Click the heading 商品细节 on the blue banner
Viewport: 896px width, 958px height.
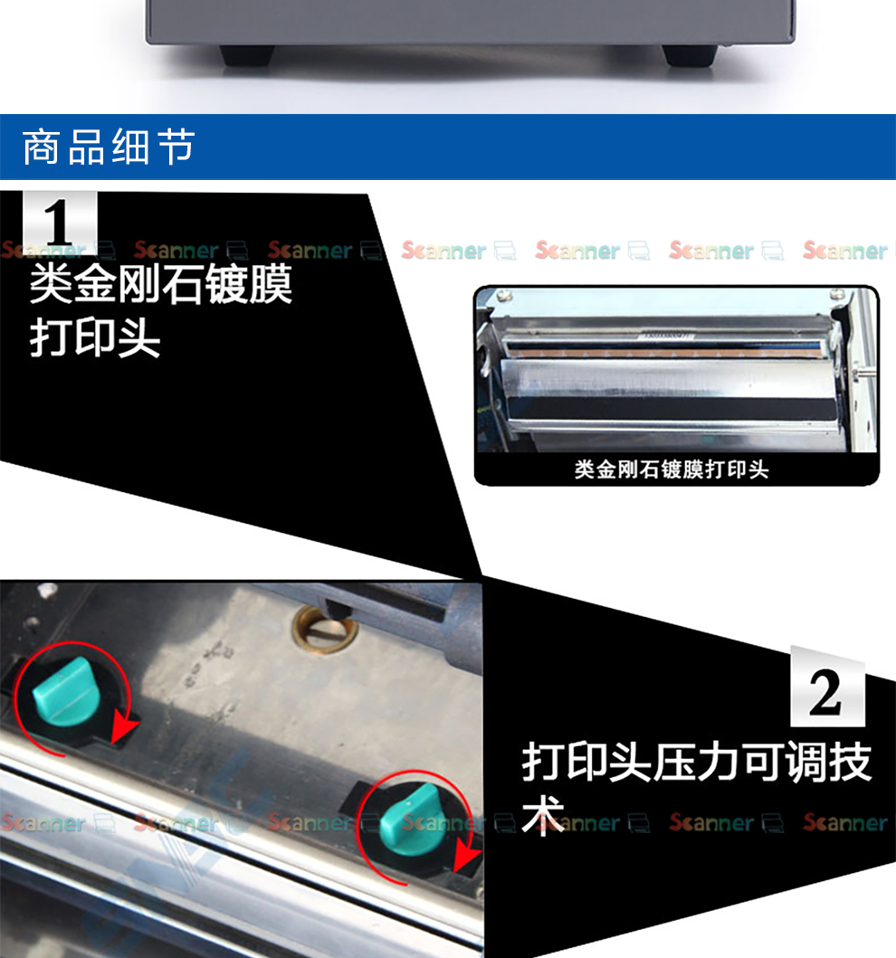tap(109, 147)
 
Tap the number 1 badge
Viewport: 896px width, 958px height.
tap(60, 223)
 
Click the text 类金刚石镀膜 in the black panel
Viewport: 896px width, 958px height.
tap(161, 284)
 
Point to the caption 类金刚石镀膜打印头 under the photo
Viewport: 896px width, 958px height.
tap(671, 470)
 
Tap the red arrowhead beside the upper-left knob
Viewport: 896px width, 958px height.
tap(124, 729)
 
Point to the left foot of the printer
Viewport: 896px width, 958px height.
tap(247, 55)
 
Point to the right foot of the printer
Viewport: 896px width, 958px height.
tap(690, 55)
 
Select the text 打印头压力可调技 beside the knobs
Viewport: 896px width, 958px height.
tap(697, 763)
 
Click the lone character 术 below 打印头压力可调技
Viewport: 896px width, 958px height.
tap(543, 815)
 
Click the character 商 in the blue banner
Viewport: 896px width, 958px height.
tap(41, 147)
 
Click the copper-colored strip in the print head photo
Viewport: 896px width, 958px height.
tap(666, 352)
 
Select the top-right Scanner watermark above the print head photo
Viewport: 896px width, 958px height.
tap(846, 251)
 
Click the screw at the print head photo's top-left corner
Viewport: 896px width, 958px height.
tap(504, 298)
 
